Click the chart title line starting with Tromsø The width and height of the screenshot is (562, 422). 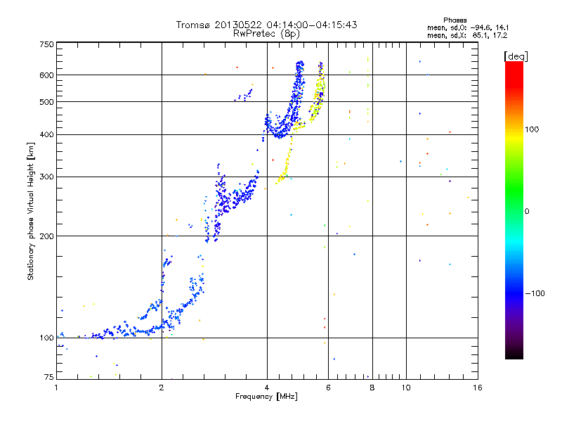266,25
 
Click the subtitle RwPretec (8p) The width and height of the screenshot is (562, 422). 266,33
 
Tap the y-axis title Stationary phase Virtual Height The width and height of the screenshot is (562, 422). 31,211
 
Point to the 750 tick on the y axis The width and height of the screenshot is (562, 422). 46,44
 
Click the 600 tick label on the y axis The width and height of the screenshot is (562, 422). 46,75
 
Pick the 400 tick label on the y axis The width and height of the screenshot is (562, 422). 46,135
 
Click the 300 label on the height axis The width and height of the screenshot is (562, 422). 46,177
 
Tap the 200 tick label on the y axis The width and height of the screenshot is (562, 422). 46,236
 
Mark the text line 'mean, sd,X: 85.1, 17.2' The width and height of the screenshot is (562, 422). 466,34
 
